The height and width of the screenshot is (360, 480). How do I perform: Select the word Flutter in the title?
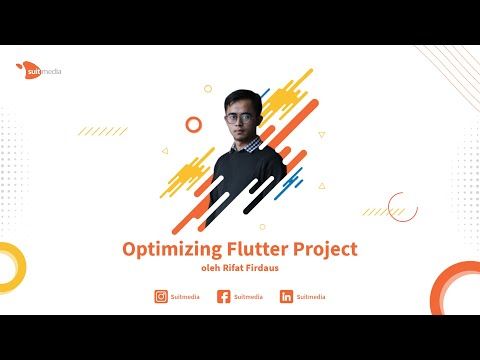click(x=248, y=249)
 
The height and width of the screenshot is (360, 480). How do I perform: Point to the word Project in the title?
click(x=321, y=249)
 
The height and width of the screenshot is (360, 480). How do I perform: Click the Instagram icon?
click(x=161, y=297)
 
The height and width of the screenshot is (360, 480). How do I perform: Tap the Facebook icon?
click(x=223, y=297)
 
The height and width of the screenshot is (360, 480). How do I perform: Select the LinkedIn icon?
click(x=286, y=297)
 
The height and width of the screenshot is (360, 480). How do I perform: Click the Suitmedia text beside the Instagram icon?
click(x=185, y=297)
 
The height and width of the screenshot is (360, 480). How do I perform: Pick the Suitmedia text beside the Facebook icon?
click(x=248, y=297)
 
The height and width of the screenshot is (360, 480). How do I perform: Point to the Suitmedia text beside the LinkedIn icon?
click(x=311, y=297)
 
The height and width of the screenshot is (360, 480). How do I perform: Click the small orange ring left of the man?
click(x=193, y=123)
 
